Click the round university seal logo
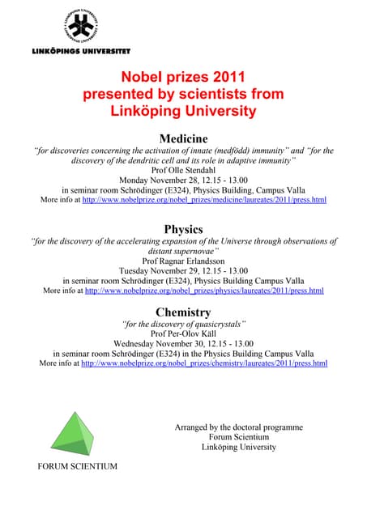click(80, 26)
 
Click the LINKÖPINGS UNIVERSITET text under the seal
click(79, 50)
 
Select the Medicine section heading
click(183, 138)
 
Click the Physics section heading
click(183, 228)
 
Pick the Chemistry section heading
click(183, 312)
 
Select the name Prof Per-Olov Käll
click(183, 333)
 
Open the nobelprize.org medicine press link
click(205, 200)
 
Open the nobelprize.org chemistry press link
click(205, 363)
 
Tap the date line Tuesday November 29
click(183, 270)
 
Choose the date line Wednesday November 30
click(183, 343)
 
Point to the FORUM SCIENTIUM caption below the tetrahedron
click(78, 466)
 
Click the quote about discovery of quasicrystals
click(183, 324)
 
